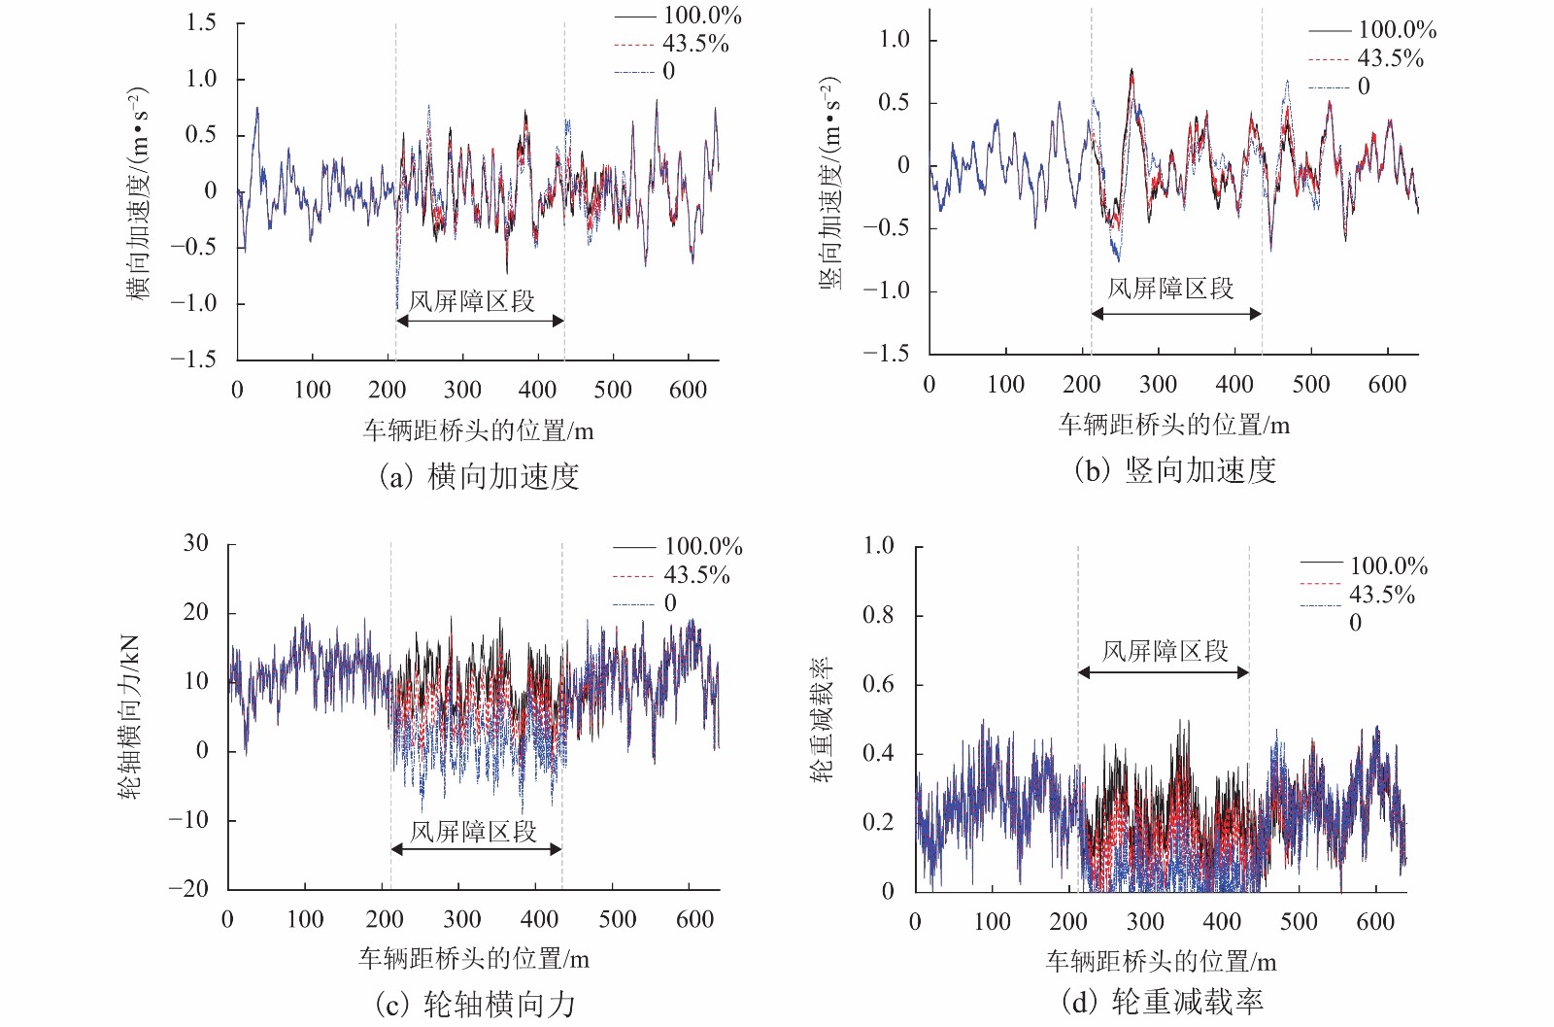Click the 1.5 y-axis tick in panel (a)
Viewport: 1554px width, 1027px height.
coord(201,22)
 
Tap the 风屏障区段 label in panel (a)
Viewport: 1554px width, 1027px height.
coord(472,301)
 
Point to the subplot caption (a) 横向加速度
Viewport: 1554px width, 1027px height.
coord(478,476)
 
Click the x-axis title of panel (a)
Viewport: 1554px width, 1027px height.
coord(478,429)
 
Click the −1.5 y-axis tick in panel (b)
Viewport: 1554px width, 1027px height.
coord(886,353)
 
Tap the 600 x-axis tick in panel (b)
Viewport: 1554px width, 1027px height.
coord(1386,385)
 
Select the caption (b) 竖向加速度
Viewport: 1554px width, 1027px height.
coord(1174,470)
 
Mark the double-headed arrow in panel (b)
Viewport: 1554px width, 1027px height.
coord(1176,314)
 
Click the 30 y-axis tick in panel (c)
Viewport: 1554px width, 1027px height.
coord(196,543)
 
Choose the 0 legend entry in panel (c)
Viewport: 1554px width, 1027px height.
coord(669,603)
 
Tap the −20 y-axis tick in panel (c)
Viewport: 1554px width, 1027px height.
coord(188,888)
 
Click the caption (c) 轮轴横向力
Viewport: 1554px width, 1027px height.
coord(475,1004)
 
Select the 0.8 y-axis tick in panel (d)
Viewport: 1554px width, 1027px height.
coord(878,615)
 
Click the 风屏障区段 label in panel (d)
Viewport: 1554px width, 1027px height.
coord(1165,651)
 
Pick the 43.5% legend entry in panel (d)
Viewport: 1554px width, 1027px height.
coord(1381,595)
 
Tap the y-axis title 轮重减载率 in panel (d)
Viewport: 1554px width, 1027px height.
coord(822,719)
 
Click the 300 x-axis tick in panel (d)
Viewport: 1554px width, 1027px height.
coord(1145,922)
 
